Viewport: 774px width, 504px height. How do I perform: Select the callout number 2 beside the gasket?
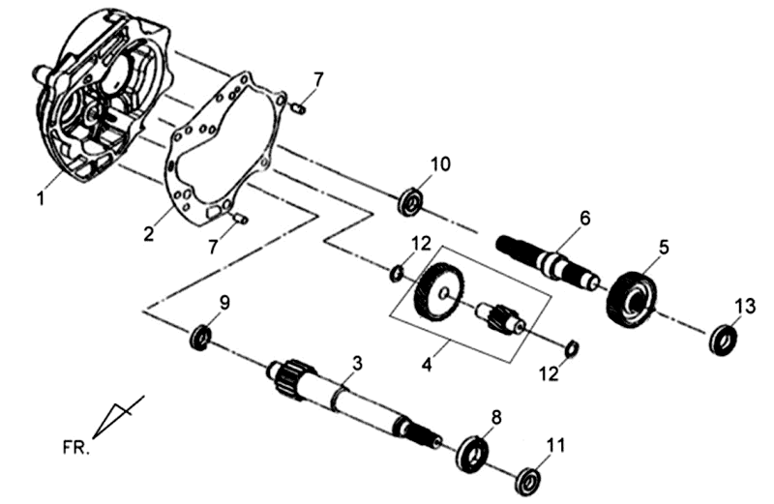pos(149,233)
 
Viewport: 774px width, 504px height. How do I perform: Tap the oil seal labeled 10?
pos(411,202)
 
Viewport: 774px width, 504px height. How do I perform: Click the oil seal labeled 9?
pos(201,338)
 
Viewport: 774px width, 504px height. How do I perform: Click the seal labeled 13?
pos(723,340)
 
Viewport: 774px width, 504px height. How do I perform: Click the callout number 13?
pos(742,306)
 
